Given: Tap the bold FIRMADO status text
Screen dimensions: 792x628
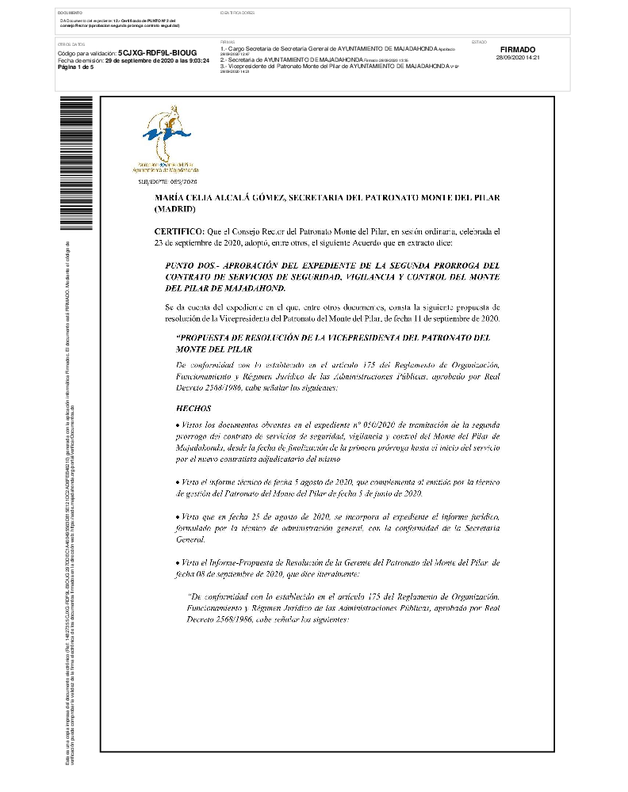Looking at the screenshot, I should tap(518, 49).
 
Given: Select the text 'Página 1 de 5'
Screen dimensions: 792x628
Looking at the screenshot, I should tap(75, 67).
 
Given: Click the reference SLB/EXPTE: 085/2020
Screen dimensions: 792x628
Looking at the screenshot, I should tap(167, 182).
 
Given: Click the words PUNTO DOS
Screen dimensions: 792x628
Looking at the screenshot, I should tap(190, 266).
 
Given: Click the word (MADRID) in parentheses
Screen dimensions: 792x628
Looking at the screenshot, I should tap(174, 208).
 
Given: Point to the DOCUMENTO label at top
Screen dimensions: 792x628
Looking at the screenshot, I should tap(69, 13).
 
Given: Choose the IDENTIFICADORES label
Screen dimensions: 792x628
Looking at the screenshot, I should tap(237, 13).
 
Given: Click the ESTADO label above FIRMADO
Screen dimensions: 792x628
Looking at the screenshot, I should tap(479, 41).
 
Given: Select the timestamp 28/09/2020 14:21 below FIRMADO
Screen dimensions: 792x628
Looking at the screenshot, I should tap(518, 58).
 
